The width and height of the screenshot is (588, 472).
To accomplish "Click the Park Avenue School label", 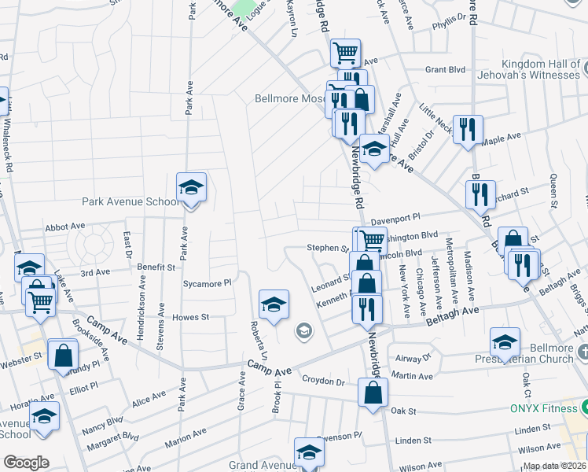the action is pos(131,201).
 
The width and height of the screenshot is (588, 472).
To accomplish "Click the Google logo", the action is pos(26,463).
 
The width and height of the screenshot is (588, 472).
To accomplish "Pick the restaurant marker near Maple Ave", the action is pos(468,130).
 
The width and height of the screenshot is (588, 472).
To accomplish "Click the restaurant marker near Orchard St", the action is pos(480,196).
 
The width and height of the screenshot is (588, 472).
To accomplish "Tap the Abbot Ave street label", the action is pos(65,227).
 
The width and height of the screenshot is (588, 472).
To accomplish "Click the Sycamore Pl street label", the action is pos(207,282).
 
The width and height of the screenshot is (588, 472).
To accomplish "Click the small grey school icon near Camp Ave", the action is pos(303,331).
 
